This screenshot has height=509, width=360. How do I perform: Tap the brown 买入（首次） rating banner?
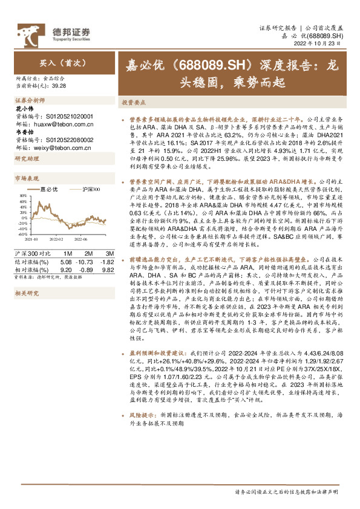[x=59, y=62]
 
